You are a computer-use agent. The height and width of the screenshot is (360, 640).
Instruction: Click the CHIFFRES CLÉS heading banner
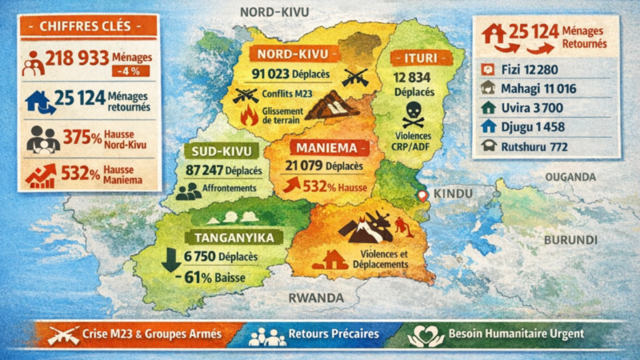88,26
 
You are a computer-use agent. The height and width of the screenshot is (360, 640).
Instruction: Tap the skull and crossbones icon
413,114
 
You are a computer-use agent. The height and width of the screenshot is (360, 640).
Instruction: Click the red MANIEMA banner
319,148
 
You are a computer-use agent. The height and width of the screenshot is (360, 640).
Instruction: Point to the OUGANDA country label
570,176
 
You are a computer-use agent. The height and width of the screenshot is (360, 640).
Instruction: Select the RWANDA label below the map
317,298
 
